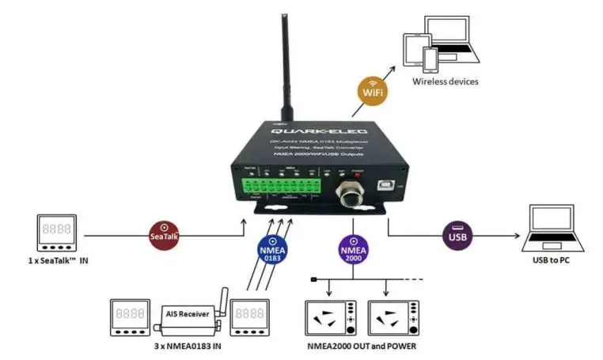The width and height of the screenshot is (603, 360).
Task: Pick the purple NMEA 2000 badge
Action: coord(352,249)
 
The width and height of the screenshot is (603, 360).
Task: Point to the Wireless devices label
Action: coord(446,81)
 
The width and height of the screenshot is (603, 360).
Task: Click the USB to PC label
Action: coord(552,261)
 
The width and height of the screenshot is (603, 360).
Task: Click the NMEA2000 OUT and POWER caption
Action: coord(361,346)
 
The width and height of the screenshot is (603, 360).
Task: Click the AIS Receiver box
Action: coord(187,313)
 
